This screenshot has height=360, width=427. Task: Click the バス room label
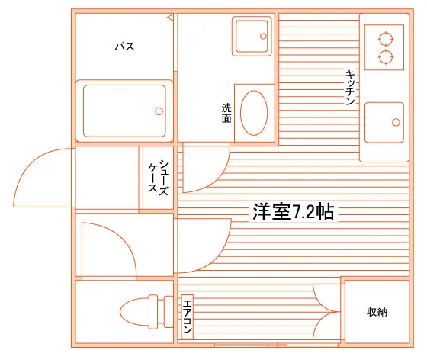pyautogui.click(x=125, y=47)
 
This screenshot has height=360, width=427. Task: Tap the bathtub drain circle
pyautogui.click(x=159, y=111)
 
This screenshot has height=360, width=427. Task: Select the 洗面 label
pyautogui.click(x=226, y=113)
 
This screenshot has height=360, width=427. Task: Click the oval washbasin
pyautogui.click(x=254, y=113)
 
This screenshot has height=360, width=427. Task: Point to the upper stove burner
pyautogui.click(x=386, y=39)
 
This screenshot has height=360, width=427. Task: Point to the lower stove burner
pyautogui.click(x=386, y=57)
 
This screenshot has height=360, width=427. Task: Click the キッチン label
pyautogui.click(x=350, y=88)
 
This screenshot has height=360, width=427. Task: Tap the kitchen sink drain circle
pyautogui.click(x=396, y=123)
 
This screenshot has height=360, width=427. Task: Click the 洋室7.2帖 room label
pyautogui.click(x=294, y=211)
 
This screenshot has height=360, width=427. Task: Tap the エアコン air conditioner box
pyautogui.click(x=188, y=317)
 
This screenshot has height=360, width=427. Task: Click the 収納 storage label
pyautogui.click(x=377, y=312)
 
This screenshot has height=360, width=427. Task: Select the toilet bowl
pyautogui.click(x=139, y=311)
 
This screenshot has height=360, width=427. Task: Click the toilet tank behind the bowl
pyautogui.click(x=169, y=312)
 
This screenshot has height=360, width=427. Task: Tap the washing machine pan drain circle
pyautogui.click(x=263, y=36)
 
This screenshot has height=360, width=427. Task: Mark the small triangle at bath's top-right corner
pyautogui.click(x=171, y=18)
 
